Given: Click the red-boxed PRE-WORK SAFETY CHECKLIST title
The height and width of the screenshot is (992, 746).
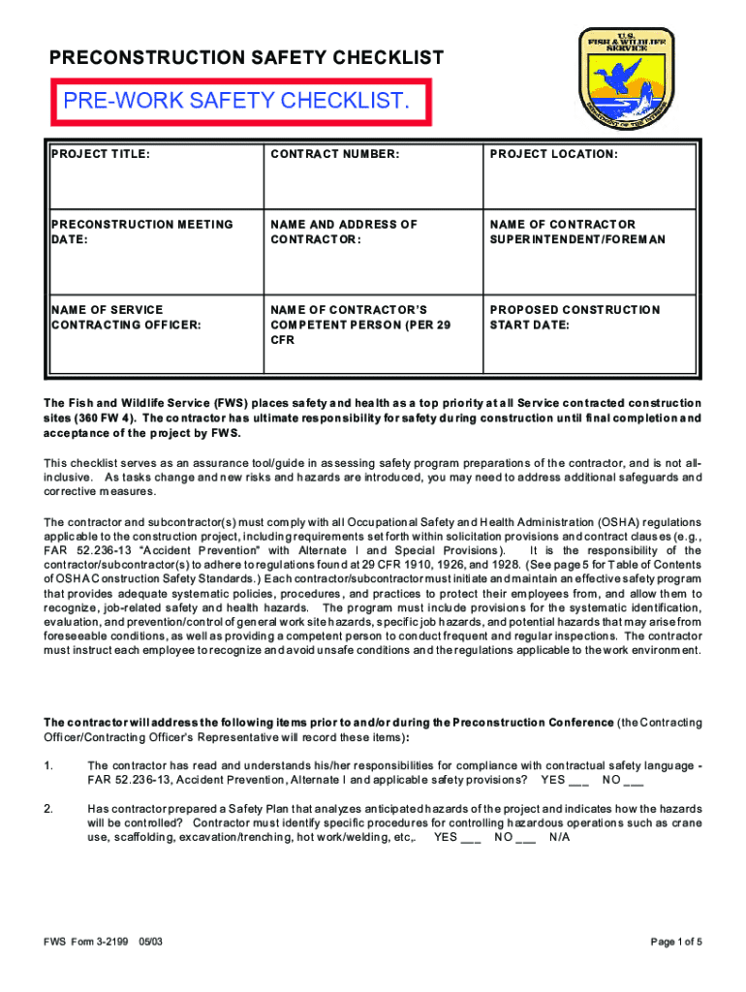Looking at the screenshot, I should (232, 101).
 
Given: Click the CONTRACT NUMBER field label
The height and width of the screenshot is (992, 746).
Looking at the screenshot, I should (334, 155).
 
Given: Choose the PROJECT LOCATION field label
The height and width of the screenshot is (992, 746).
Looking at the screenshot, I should (554, 155).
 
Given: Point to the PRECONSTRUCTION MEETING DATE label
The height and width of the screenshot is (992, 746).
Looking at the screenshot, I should (141, 232).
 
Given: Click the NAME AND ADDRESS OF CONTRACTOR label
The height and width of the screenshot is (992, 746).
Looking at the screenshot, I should (344, 232).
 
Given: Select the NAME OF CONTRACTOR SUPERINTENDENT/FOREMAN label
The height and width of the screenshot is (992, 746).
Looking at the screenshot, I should (577, 232).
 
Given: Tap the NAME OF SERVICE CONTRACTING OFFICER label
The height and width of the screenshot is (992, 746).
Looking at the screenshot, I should (126, 317).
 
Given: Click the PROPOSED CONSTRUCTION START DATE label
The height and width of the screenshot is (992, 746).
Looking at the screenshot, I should (575, 317).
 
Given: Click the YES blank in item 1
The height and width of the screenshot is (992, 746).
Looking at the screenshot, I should (577, 781).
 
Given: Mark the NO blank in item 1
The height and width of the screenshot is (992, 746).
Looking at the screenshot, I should (634, 781).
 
